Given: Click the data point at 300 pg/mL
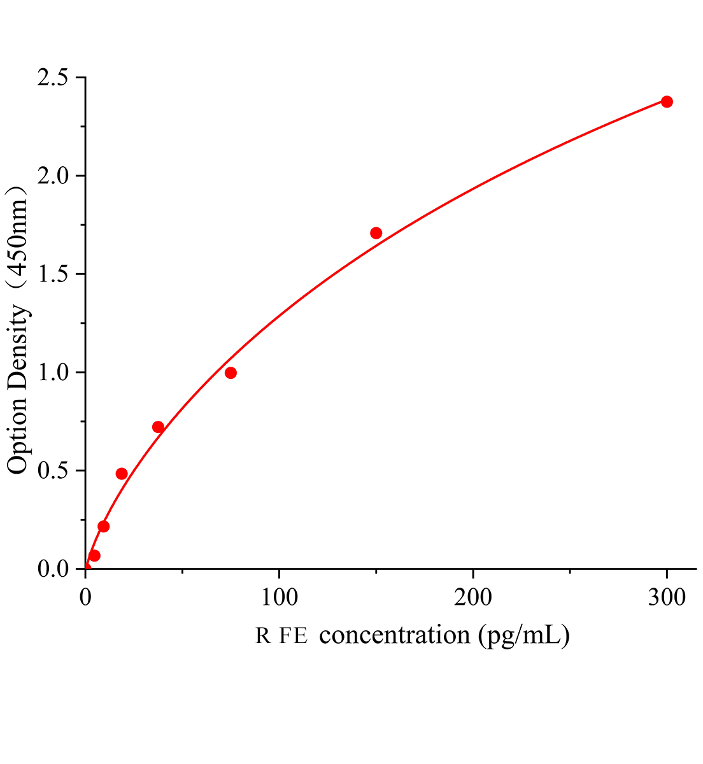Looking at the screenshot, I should click(667, 102).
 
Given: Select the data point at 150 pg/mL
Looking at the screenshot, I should click(376, 233).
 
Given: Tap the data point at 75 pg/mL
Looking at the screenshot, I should click(231, 372).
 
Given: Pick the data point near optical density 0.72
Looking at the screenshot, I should click(158, 427).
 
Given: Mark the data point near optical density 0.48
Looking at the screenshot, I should click(122, 474).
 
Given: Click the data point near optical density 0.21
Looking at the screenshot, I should click(104, 527).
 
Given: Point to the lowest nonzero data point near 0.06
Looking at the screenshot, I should click(94, 556).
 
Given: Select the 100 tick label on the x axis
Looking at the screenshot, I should click(279, 598).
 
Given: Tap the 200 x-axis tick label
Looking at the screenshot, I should click(473, 598).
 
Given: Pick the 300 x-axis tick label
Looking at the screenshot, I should click(667, 598).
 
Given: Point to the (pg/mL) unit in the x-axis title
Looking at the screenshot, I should click(524, 635).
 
